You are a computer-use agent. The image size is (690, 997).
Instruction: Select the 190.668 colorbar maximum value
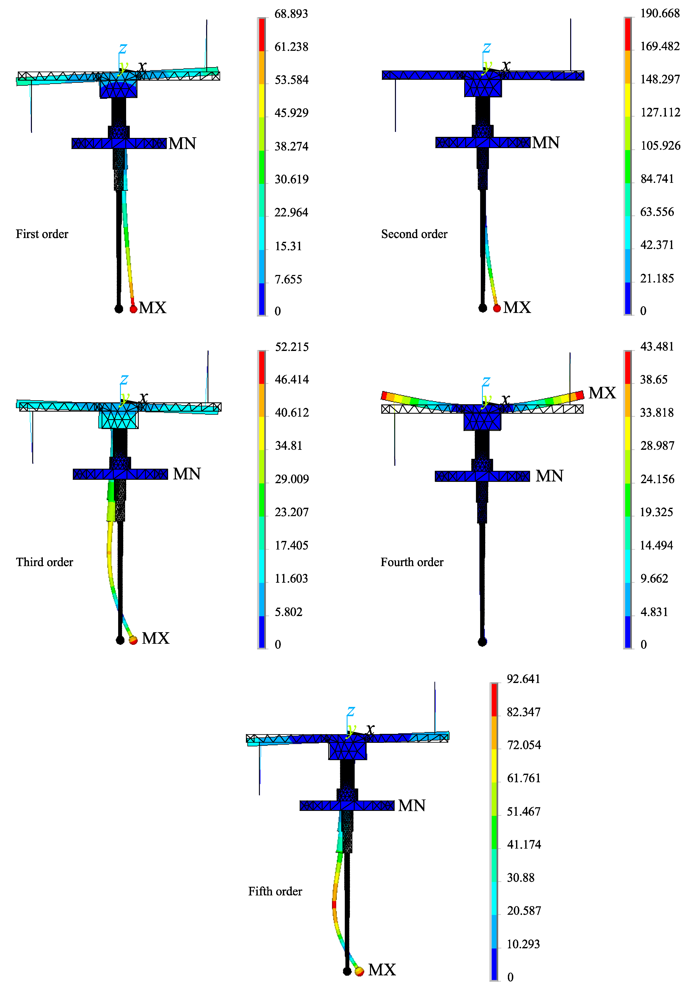(x=660, y=13)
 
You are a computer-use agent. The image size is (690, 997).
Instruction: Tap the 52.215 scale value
(x=292, y=347)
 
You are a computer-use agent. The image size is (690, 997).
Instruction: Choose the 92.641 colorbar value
(x=524, y=679)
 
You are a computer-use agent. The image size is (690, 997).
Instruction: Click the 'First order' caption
(x=42, y=234)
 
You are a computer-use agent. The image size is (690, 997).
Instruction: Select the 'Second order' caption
(x=414, y=234)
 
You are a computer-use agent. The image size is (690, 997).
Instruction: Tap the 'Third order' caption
(x=44, y=562)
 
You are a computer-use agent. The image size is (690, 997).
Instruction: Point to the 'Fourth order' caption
(x=412, y=562)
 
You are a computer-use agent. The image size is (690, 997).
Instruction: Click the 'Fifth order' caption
(x=275, y=891)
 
